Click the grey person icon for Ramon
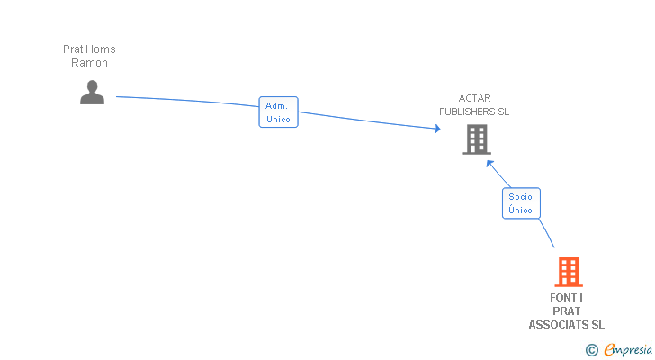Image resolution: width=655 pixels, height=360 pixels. pos(92,92)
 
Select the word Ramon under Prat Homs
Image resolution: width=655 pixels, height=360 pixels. pos(89,63)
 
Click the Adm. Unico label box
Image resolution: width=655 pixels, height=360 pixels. pos(278,112)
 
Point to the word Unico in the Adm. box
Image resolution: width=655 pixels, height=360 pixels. pos(278,119)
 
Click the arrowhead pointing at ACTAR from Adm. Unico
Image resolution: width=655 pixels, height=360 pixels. pos(437,130)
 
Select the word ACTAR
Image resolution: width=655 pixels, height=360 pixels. pos(474,98)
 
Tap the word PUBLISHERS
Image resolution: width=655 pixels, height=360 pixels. pos(467,112)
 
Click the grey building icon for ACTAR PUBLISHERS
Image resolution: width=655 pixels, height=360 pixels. pos(476,139)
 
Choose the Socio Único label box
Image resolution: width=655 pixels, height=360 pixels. pos(520,203)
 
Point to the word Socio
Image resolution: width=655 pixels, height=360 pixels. pos(520,196)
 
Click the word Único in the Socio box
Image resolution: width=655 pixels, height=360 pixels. pos(520,211)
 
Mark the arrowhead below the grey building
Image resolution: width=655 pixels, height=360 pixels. pos(489,163)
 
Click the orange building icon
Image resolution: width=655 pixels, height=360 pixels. pos(568,271)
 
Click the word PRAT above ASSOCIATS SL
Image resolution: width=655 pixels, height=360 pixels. pos(567,311)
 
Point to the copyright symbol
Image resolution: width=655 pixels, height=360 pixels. pos(591,349)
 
